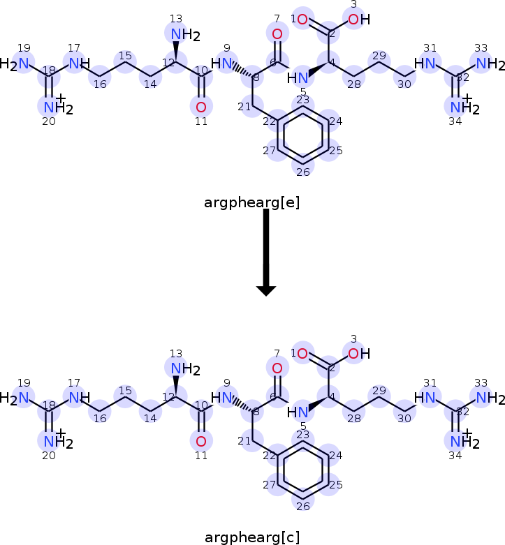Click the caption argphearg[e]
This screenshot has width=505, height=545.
click(x=252, y=203)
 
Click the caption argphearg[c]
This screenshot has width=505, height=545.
click(x=252, y=537)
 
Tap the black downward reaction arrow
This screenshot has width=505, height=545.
click(x=266, y=251)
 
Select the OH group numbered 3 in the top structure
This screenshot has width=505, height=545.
click(x=358, y=20)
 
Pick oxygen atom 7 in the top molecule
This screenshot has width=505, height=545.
click(x=277, y=34)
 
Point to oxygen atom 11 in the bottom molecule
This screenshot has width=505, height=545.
click(x=201, y=441)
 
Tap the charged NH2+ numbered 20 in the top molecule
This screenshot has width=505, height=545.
click(x=52, y=107)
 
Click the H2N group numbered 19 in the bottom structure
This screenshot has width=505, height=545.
click(x=20, y=398)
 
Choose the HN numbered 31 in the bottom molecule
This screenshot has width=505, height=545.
click(x=427, y=398)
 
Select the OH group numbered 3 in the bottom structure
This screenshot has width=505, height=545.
click(x=358, y=354)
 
